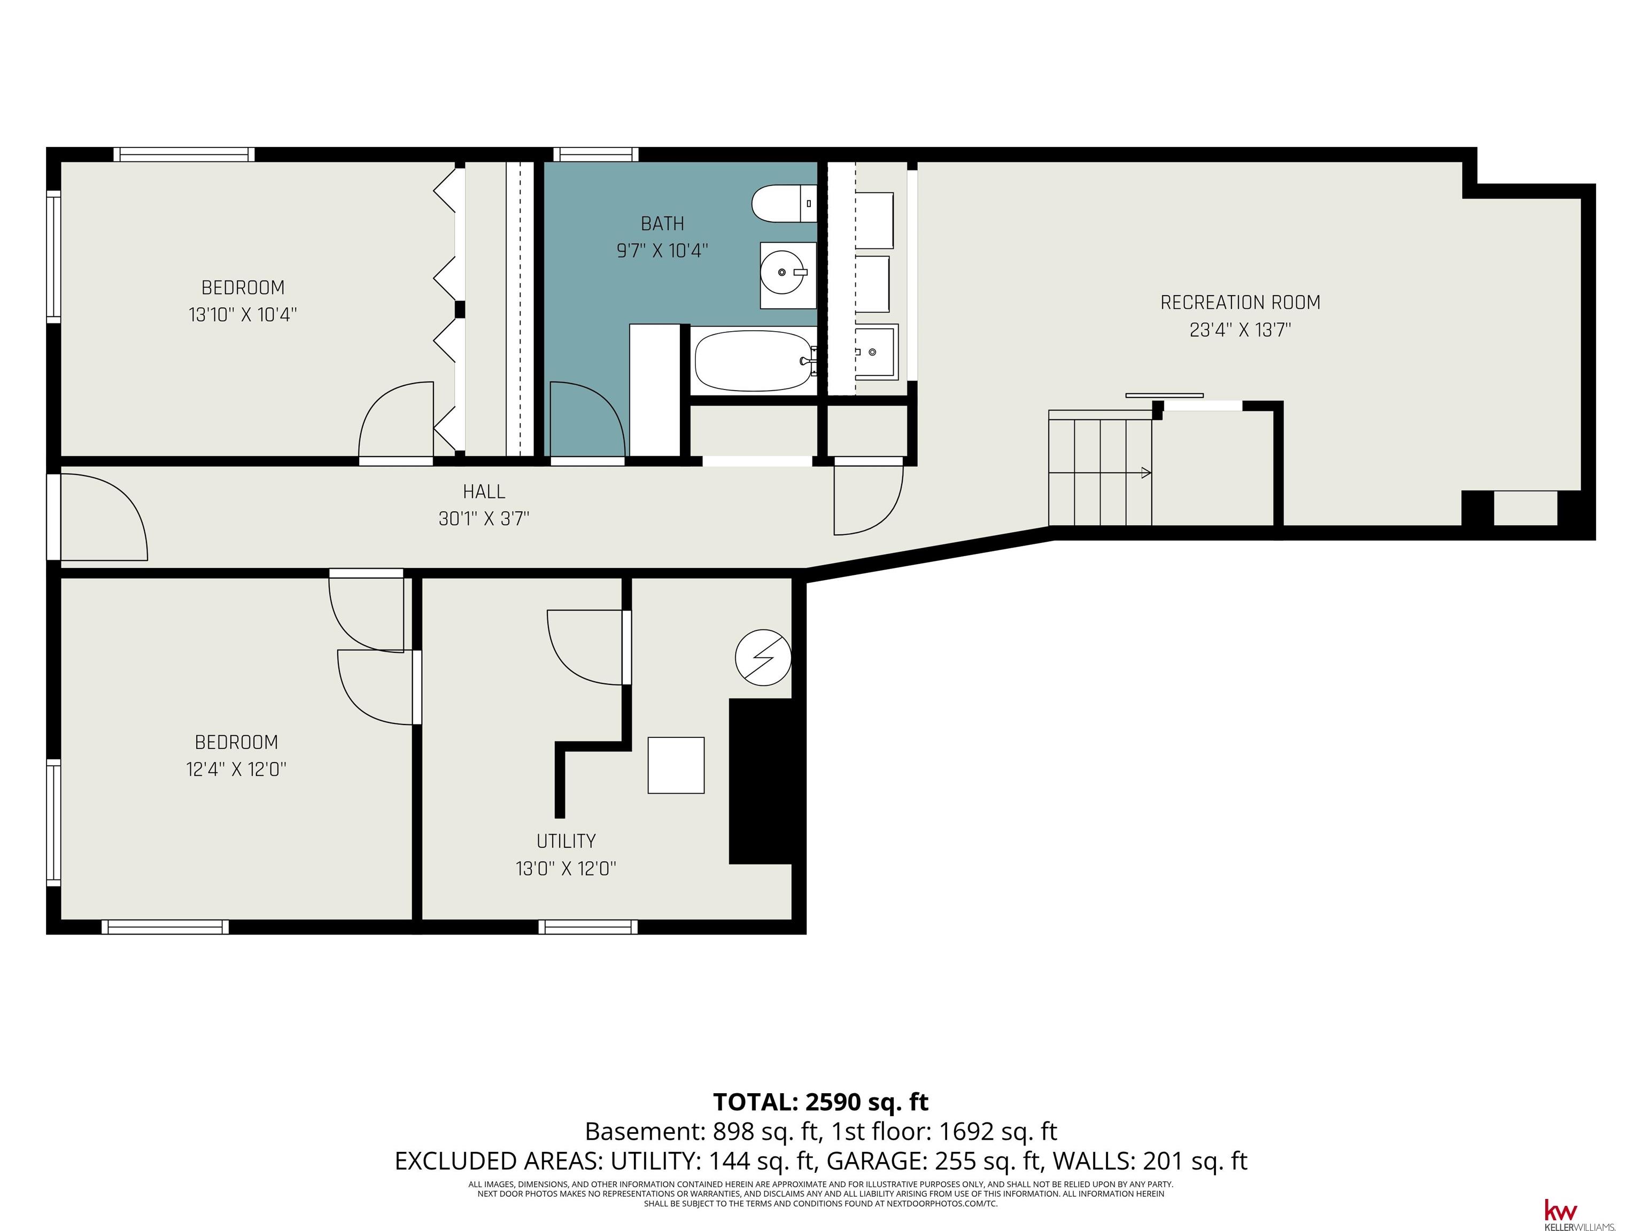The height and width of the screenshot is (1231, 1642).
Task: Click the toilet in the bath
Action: (784, 204)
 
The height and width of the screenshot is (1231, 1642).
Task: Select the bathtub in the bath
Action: (754, 361)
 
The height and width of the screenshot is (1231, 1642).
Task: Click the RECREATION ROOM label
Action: (1241, 303)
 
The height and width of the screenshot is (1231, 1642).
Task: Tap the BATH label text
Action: (662, 223)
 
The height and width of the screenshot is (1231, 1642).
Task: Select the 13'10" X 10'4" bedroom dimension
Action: (243, 315)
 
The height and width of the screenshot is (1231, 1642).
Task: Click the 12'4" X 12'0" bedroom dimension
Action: (237, 769)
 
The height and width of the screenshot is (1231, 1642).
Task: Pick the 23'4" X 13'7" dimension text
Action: (1241, 330)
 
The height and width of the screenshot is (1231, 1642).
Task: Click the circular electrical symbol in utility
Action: (763, 657)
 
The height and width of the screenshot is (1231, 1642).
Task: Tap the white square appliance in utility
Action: (676, 765)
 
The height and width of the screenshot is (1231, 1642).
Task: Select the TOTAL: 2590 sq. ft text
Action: (821, 1102)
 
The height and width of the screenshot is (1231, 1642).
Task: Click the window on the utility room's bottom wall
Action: (588, 927)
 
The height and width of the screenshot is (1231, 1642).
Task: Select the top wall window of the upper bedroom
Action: (184, 154)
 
